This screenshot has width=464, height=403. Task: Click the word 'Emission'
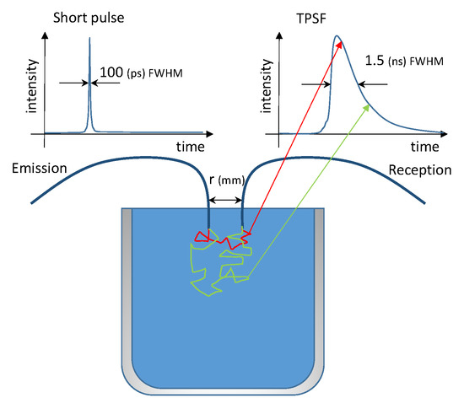pyautogui.click(x=41, y=169)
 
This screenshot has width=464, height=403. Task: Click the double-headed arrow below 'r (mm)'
pyautogui.click(x=226, y=200)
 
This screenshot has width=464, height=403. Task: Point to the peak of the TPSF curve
pyautogui.click(x=336, y=37)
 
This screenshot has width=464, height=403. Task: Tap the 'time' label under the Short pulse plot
pyautogui.click(x=192, y=147)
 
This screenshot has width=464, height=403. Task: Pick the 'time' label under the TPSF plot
pyautogui.click(x=434, y=147)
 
